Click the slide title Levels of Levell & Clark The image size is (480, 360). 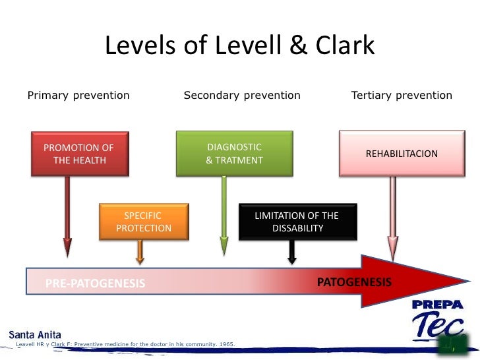point(240,46)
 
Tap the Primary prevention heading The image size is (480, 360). point(78,96)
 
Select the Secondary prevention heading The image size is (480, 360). point(242,96)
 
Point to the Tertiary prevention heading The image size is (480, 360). point(402,96)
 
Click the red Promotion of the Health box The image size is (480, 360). point(79,154)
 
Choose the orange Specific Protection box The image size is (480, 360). point(144,222)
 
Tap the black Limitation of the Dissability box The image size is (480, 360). point(297,222)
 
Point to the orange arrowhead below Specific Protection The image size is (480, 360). point(140,255)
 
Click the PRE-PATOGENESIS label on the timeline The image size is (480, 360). point(95,284)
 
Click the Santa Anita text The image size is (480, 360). point(35,334)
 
